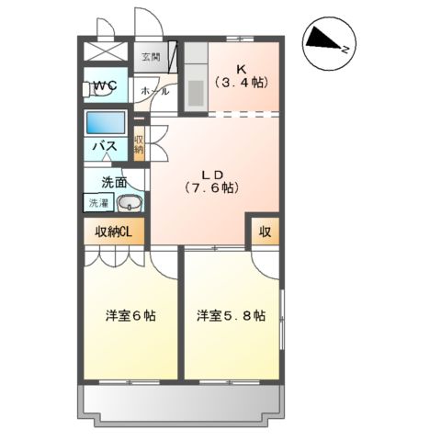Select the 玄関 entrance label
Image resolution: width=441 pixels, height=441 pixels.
coord(151,56)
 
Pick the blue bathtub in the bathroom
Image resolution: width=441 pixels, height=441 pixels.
coord(107,122)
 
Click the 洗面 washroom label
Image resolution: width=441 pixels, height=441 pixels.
coord(114,182)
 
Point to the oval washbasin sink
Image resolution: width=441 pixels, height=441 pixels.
coord(130,205)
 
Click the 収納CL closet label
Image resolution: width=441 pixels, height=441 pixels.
coord(114,232)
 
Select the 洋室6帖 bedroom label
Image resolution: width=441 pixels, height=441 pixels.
coord(130,316)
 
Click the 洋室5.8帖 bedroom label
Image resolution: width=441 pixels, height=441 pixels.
coord(231,316)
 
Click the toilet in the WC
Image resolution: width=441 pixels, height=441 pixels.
coord(93,89)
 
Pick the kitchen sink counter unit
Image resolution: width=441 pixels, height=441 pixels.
coord(195,77)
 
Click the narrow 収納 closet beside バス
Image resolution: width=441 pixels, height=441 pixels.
coord(139,144)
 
